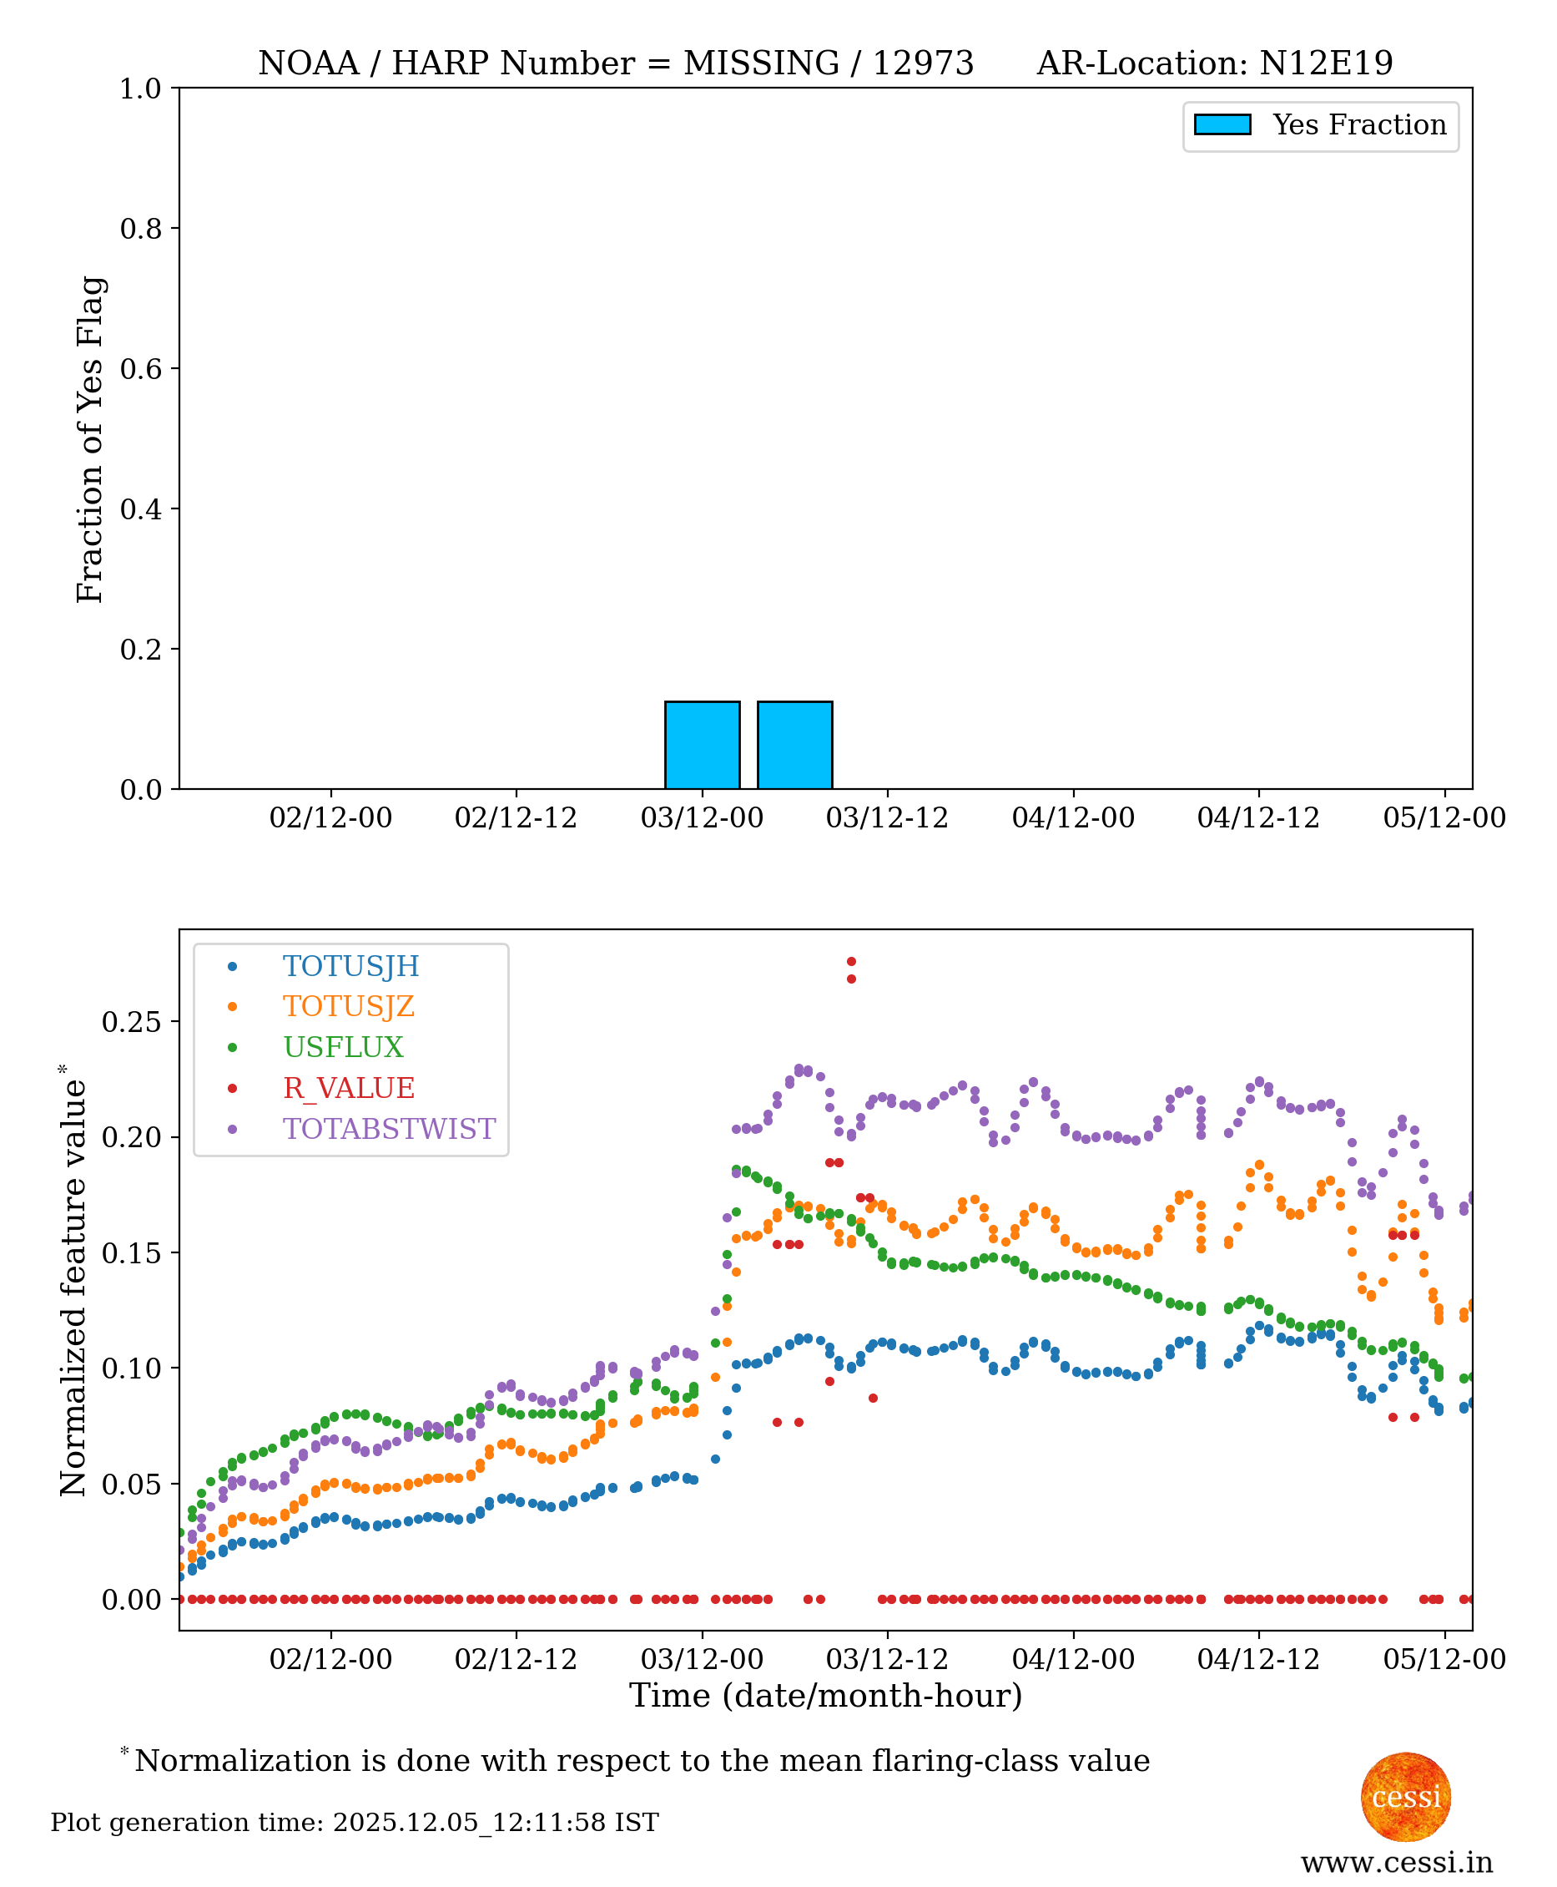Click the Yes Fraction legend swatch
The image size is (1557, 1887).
pos(1222,124)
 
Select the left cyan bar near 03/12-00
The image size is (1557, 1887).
pos(703,745)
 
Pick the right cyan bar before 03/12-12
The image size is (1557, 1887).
pos(794,745)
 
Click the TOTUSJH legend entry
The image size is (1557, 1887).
pos(350,965)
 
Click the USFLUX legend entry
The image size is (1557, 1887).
pos(344,1047)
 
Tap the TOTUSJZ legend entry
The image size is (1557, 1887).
pos(349,1006)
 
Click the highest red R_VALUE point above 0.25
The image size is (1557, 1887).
pos(851,962)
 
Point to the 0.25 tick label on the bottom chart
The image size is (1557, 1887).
pos(132,1021)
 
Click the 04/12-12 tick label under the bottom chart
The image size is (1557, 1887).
pos(1258,1659)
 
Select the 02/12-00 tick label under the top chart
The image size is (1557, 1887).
pos(331,818)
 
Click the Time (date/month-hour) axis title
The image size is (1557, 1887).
pos(826,1696)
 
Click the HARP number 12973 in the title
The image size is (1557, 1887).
pos(923,63)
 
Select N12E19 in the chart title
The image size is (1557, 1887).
pos(1326,63)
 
